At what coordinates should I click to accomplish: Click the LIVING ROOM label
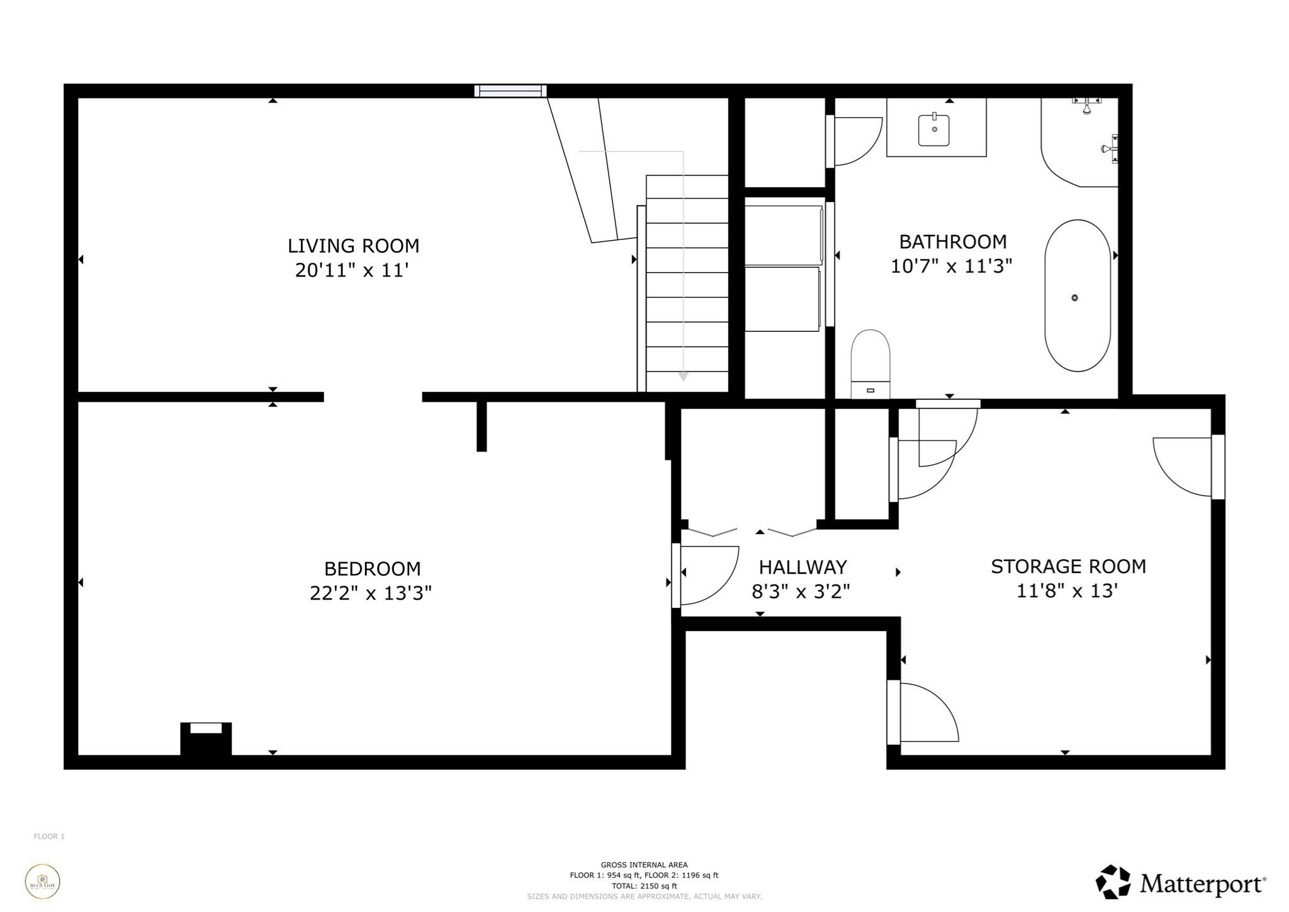353,246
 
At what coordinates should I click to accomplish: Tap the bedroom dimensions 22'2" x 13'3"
370,593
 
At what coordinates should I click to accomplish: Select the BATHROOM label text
952,242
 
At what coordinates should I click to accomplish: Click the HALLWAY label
802,567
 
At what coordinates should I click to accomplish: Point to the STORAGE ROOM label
1068,567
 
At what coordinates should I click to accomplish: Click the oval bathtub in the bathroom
1077,295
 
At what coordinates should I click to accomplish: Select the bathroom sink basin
934,129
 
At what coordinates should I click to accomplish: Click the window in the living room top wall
510,91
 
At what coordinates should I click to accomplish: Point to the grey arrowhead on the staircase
684,377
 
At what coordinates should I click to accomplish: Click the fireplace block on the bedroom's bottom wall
206,739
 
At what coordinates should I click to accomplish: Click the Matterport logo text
1202,883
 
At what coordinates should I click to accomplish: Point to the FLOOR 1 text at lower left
49,836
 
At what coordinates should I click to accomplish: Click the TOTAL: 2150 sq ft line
644,886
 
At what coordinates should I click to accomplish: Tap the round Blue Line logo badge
43,882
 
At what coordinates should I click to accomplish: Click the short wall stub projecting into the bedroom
481,426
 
